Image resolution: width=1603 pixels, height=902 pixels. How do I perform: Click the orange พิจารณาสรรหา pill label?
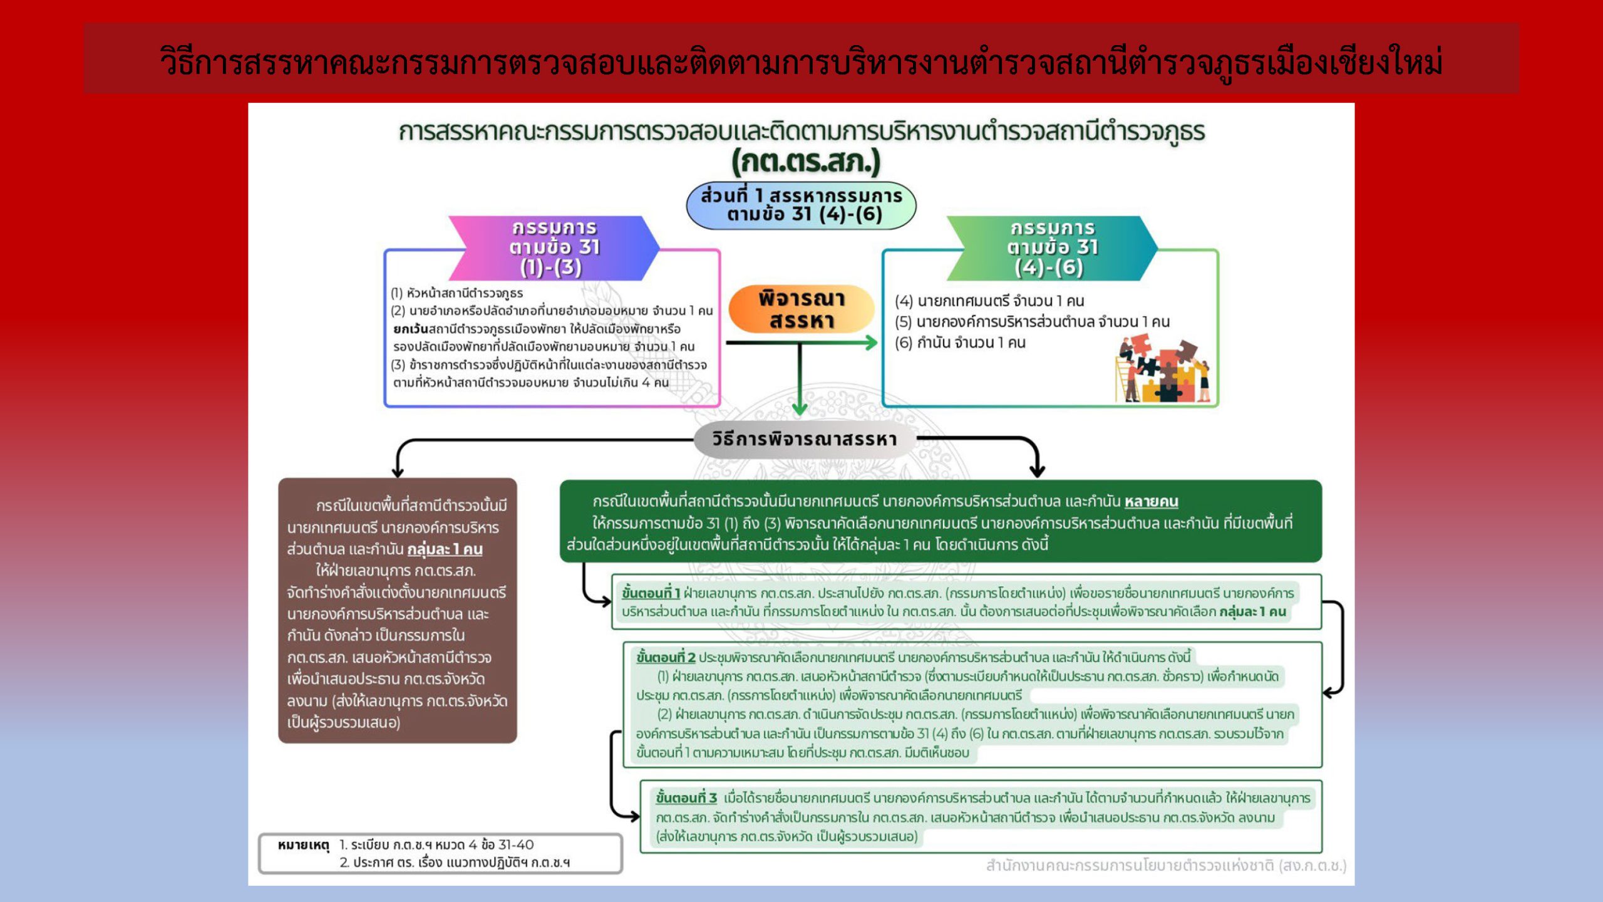[801, 309]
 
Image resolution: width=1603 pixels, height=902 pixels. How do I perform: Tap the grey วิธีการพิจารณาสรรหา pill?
[805, 439]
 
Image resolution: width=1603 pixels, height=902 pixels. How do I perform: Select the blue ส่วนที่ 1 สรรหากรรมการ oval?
[801, 205]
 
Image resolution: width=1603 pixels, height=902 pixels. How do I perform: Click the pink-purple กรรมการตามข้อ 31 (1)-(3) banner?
[554, 247]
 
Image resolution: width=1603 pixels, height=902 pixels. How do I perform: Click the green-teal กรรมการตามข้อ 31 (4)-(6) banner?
[1052, 247]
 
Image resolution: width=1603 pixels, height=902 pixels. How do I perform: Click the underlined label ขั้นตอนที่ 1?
[651, 593]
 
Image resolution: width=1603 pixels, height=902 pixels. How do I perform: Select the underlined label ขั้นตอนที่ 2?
[666, 657]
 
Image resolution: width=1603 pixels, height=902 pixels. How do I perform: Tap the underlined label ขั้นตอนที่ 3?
[686, 798]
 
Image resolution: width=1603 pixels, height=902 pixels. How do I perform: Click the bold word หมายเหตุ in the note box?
[303, 845]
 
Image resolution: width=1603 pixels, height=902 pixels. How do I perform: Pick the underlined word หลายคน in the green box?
[1151, 501]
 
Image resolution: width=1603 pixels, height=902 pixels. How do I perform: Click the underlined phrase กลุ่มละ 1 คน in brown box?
[445, 549]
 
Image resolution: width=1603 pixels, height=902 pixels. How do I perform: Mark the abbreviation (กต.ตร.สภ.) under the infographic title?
[806, 162]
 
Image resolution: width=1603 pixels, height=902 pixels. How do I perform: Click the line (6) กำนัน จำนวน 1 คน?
[960, 343]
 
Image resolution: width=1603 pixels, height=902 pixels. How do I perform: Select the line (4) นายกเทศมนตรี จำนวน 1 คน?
[989, 301]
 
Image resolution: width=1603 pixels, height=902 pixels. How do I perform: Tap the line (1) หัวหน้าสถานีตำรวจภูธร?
[457, 293]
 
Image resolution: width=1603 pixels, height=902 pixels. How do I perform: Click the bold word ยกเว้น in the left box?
[410, 329]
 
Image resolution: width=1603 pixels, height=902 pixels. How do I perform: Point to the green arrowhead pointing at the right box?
[871, 343]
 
